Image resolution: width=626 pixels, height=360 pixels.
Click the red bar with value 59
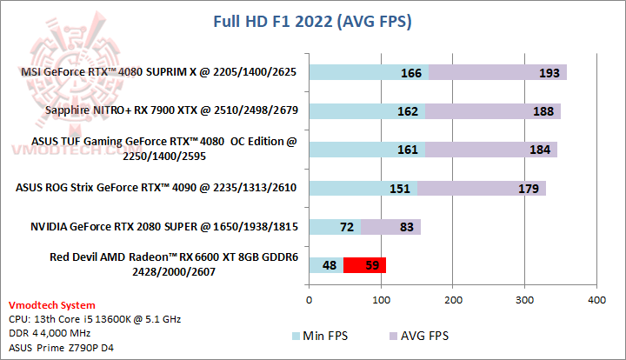tap(364, 265)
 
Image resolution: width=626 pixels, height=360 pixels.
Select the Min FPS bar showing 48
tap(325, 265)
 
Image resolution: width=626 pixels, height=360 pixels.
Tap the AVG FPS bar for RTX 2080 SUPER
tap(391, 227)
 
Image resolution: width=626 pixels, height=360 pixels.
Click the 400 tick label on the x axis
tap(596, 300)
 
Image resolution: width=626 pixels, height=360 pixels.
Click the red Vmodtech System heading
tap(52, 305)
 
